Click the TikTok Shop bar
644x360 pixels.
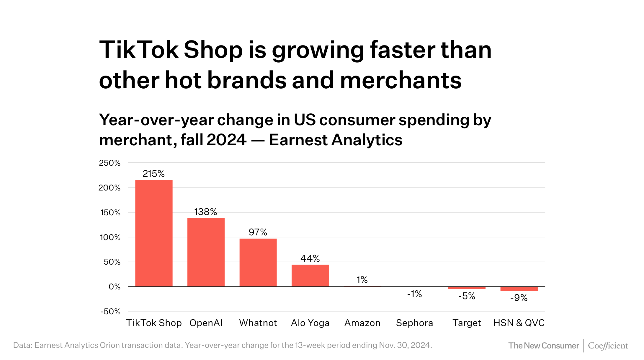[x=154, y=233]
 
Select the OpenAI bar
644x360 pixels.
[x=206, y=252]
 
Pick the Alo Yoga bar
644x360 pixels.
[x=310, y=276]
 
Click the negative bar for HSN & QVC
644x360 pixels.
[x=519, y=289]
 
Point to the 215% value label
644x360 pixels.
[x=153, y=174]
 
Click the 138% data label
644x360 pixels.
[x=206, y=212]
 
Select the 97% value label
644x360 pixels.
[x=258, y=232]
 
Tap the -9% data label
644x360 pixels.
[x=519, y=298]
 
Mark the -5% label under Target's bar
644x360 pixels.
[x=467, y=296]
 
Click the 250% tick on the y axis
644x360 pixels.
[x=110, y=163]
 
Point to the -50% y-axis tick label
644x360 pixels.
[x=110, y=312]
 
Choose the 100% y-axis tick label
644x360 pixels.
[x=110, y=237]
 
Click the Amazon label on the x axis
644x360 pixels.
[x=362, y=323]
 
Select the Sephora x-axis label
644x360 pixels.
[x=414, y=323]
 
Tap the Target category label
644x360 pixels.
[x=467, y=323]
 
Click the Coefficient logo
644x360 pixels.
[x=608, y=346]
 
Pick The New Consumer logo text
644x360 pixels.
[x=544, y=346]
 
